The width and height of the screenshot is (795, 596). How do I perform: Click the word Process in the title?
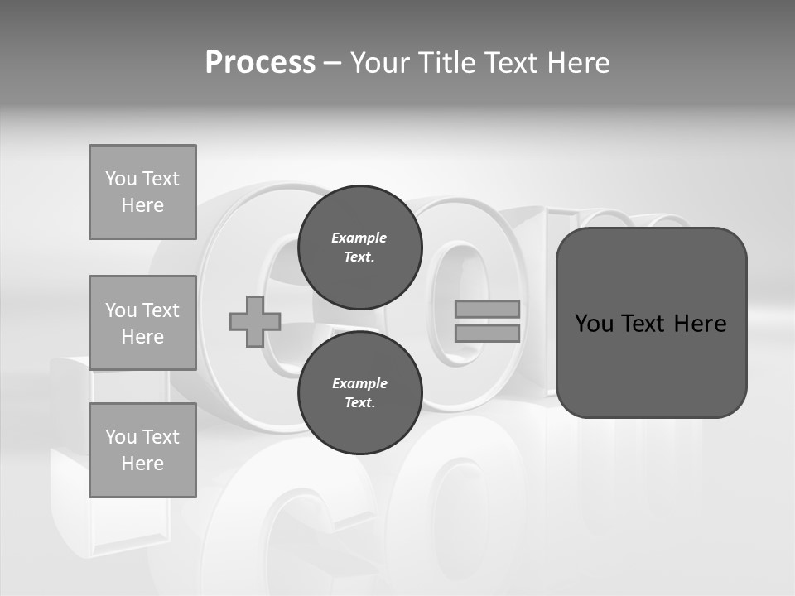pyautogui.click(x=260, y=63)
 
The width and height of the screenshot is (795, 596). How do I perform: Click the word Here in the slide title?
pyautogui.click(x=576, y=63)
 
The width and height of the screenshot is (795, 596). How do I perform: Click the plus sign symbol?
pyautogui.click(x=255, y=321)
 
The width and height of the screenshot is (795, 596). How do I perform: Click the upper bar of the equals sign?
pyautogui.click(x=488, y=309)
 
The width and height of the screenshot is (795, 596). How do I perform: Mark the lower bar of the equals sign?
pyautogui.click(x=488, y=333)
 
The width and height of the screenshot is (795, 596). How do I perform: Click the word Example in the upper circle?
pyautogui.click(x=359, y=238)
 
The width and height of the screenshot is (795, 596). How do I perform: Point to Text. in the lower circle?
pyautogui.click(x=359, y=403)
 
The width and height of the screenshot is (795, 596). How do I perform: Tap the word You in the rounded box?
pyautogui.click(x=595, y=324)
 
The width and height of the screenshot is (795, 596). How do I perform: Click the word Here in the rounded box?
pyautogui.click(x=700, y=324)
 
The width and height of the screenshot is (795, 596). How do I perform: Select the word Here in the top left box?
pyautogui.click(x=142, y=205)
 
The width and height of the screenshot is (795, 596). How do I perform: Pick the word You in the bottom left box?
pyautogui.click(x=120, y=437)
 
